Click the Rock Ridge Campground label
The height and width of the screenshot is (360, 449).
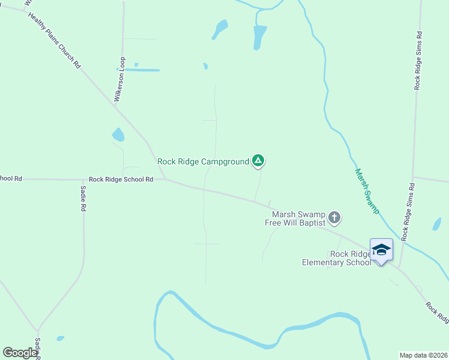pos(203,161)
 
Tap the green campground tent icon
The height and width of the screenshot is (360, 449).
pos(258,160)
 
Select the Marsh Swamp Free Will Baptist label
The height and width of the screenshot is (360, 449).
pos(298,218)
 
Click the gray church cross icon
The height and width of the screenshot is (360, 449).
pos(334,218)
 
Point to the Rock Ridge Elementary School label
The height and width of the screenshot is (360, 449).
pos(336,259)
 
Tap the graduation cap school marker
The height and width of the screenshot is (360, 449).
pos(381,250)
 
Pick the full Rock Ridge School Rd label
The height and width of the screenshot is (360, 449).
pos(121,179)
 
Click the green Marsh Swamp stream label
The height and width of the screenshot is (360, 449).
pos(366,191)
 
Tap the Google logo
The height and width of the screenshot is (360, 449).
pos(20,353)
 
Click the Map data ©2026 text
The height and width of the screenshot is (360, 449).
pos(423,355)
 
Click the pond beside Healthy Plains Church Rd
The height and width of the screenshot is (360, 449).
pos(118,135)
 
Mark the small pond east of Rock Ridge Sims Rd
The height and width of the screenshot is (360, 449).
pos(436,224)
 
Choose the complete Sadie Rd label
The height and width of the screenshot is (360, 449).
pos(83,198)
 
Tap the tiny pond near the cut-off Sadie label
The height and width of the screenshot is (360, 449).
pos(60,338)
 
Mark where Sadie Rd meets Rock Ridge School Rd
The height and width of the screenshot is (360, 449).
pos(83,179)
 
